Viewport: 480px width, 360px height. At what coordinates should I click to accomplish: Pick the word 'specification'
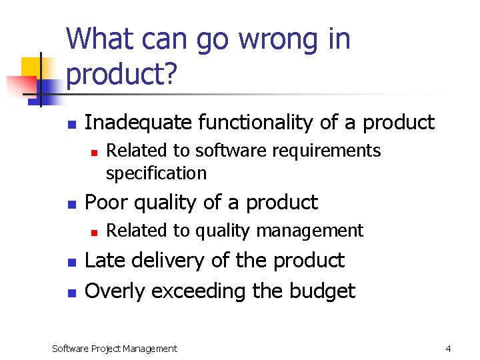(156, 173)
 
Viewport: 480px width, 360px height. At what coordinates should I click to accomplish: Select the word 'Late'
(106, 260)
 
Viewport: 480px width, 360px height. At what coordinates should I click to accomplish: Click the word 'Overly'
(116, 291)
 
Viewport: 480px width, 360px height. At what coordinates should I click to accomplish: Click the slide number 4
(448, 348)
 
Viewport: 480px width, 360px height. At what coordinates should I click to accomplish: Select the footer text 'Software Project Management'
(115, 348)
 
